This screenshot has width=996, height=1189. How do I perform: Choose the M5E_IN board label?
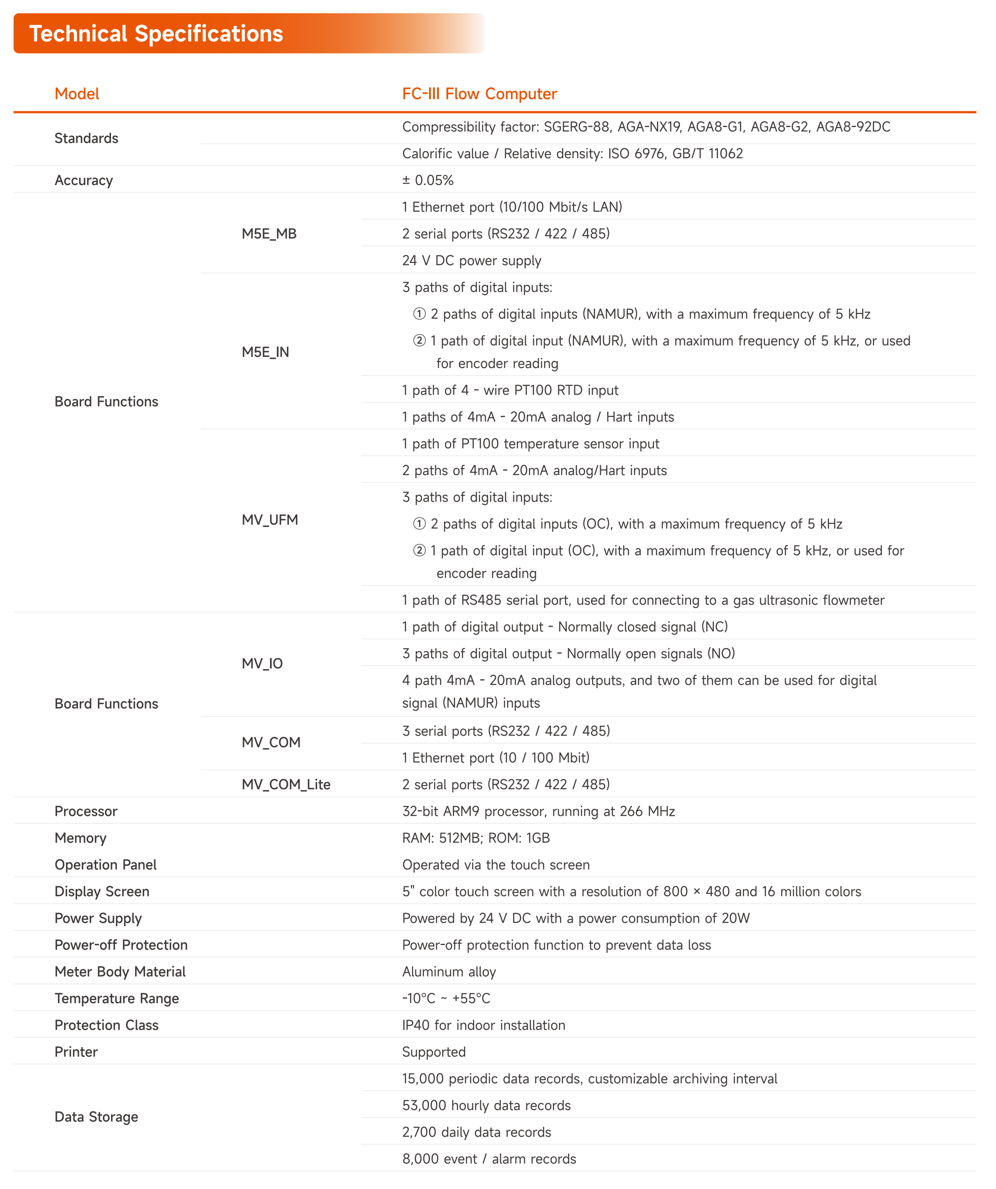265,352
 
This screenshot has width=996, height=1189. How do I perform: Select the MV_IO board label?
262,664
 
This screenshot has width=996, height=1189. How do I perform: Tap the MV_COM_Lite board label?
286,785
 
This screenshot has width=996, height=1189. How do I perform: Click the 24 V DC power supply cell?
472,261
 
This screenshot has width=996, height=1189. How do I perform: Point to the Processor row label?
86,811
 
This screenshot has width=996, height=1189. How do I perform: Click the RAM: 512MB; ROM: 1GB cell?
476,838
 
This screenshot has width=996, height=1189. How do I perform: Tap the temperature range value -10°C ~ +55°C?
446,999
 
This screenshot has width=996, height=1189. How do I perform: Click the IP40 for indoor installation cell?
484,1025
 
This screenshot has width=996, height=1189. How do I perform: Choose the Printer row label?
76,1052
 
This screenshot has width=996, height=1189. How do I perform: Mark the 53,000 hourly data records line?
486,1106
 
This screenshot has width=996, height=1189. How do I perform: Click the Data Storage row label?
96,1117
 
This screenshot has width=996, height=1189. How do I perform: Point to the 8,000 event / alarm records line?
489,1159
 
